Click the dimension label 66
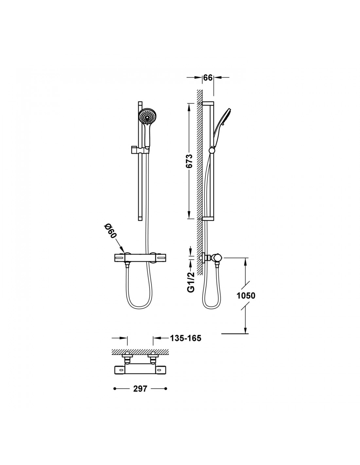tap(207, 77)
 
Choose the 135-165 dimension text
tap(186, 338)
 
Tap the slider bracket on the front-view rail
tap(139, 150)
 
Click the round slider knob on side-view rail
tap(212, 150)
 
